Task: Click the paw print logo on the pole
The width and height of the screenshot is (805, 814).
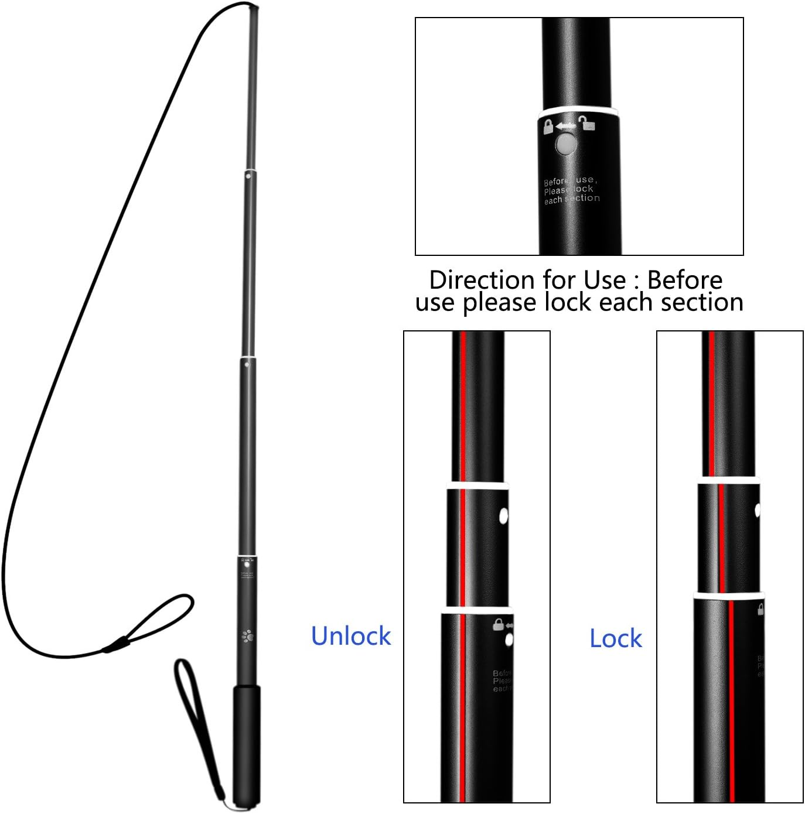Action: (x=247, y=635)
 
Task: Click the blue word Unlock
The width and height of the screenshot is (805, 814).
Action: (x=350, y=636)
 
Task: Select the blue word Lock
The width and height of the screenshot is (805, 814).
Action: (x=615, y=638)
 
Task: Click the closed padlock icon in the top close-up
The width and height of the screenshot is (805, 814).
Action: (x=548, y=126)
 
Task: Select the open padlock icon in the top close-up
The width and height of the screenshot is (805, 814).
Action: (x=586, y=123)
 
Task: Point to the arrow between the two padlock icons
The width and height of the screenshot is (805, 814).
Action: (x=566, y=126)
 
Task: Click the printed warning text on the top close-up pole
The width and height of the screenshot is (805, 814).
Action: (x=571, y=190)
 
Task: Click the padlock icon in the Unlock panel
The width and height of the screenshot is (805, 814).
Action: (x=499, y=624)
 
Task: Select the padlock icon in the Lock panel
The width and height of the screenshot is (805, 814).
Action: (x=760, y=610)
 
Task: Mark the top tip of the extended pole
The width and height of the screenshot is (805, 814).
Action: (x=255, y=8)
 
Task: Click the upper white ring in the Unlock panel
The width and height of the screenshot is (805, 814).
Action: (x=476, y=485)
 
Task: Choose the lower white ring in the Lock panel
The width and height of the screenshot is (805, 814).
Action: (x=728, y=596)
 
